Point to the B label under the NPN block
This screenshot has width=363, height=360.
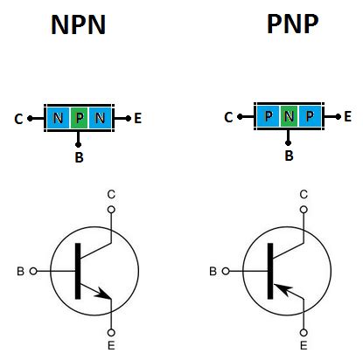[x=80, y=159]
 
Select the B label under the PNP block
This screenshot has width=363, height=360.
[x=289, y=157]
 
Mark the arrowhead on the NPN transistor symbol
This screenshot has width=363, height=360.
[x=107, y=296]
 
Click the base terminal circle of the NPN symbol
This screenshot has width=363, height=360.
[x=34, y=271]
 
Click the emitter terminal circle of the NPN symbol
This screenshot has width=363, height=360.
[x=111, y=332]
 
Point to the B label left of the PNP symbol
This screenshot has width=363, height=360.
[x=212, y=272]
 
